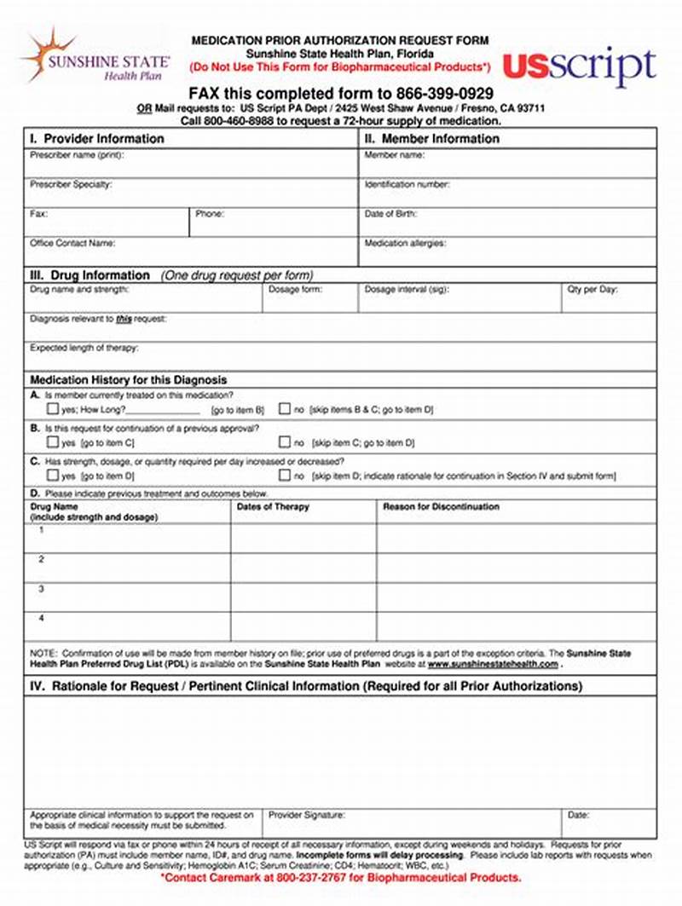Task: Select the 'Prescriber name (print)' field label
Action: point(72,155)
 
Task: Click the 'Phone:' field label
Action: point(209,214)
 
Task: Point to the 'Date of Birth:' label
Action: point(390,214)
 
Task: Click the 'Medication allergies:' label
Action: point(405,243)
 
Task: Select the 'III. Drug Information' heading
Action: point(90,275)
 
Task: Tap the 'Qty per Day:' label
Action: point(593,290)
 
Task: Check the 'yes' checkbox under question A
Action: point(53,409)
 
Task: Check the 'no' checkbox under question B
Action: point(285,442)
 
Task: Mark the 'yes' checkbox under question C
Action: point(53,475)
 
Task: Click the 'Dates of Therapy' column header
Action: point(273,506)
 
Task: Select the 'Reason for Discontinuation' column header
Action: point(441,506)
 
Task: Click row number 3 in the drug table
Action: point(41,589)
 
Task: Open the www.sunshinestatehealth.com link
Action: point(493,664)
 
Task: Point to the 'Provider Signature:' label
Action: point(307,815)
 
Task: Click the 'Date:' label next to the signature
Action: point(578,815)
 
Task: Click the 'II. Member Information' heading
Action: point(431,138)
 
